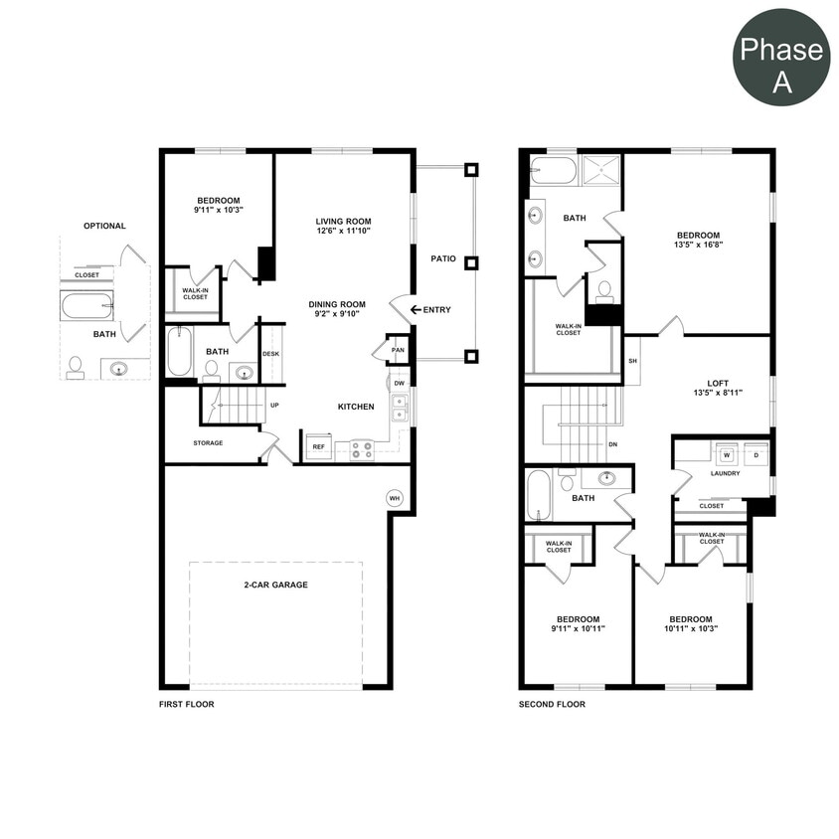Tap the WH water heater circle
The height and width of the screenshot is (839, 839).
[x=395, y=497]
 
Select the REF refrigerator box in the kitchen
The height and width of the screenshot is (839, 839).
[x=319, y=446]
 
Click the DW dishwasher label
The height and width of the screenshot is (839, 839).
[x=399, y=383]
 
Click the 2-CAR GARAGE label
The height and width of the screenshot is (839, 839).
[x=275, y=585]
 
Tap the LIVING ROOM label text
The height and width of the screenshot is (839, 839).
[x=343, y=221]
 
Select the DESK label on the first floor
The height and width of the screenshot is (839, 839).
[x=271, y=354]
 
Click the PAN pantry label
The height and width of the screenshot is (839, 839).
[x=398, y=350]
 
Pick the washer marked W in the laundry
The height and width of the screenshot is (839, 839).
[x=727, y=455]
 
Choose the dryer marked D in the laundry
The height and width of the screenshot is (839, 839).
[x=755, y=455]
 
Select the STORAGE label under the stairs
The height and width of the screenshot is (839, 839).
[x=208, y=442]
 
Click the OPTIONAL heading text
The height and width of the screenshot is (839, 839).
[x=104, y=226]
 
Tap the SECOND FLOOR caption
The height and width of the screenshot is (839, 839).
[x=552, y=704]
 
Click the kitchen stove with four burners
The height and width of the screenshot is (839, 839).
[x=361, y=448]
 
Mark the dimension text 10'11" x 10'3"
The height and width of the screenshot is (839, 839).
[x=691, y=628]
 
